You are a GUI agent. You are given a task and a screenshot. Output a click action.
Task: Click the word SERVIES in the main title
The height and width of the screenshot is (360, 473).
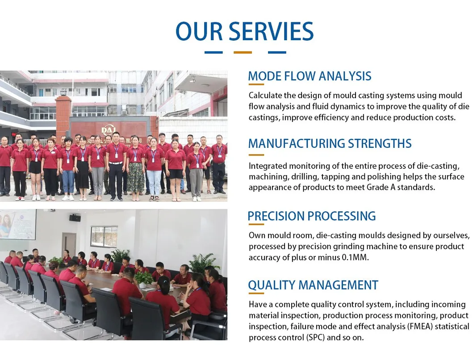[x=271, y=31]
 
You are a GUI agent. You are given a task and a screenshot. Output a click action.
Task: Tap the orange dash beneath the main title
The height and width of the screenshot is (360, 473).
[x=243, y=53]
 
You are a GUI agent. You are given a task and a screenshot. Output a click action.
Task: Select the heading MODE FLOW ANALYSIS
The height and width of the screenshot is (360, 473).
[x=310, y=76]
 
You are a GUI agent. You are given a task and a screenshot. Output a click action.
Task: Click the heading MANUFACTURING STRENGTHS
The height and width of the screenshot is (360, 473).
[x=330, y=143]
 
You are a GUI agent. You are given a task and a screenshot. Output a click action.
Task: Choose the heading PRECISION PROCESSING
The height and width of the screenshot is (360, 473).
[x=312, y=216]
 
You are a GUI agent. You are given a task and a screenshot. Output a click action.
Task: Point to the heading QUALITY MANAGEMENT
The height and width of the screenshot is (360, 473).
[x=313, y=285]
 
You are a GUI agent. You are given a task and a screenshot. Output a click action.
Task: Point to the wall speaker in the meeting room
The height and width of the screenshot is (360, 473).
[x=75, y=218]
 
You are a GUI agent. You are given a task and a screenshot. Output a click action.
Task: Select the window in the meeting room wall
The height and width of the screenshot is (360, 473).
[x=104, y=237]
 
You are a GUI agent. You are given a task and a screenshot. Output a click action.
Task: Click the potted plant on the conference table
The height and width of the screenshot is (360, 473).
[x=143, y=279]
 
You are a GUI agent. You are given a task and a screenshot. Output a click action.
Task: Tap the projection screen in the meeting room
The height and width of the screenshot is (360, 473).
[x=18, y=225]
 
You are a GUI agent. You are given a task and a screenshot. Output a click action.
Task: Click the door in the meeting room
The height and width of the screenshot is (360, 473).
[x=69, y=245]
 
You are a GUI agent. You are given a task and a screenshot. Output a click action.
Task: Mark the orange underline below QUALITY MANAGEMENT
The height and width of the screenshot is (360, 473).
[x=256, y=293]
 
